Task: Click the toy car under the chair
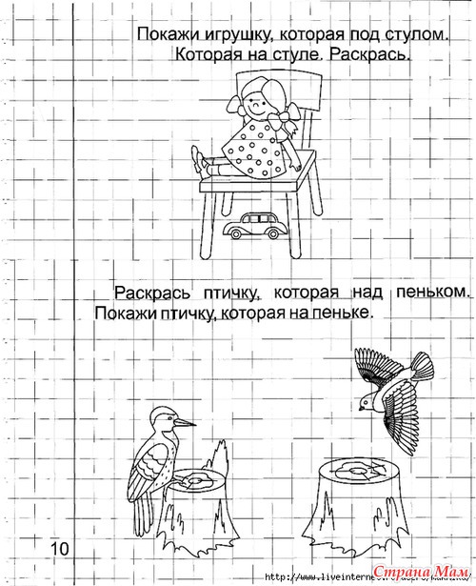[256, 226]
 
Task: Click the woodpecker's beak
[186, 423]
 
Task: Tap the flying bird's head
[367, 402]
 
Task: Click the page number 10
[60, 549]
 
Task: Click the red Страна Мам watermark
[421, 572]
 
